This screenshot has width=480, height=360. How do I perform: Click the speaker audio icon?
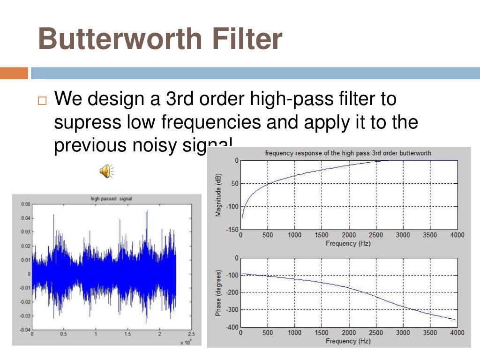pos(106,171)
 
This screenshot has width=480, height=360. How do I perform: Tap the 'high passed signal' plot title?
pos(111,199)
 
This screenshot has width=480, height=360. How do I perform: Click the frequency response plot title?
pos(348,153)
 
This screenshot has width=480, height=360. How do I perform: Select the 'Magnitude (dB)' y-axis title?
pos(218,195)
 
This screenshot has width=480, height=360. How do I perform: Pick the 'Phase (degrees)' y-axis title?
pos(218,292)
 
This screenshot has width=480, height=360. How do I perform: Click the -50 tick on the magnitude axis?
pos(233,183)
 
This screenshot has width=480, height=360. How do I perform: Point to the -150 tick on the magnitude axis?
pos(232,229)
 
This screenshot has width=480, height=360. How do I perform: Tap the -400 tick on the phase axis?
pos(232,327)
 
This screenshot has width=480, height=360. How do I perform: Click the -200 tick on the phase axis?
pos(232,292)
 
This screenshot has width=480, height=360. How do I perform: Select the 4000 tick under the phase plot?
pos(457,333)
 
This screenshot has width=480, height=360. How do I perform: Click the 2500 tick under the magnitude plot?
pos(375,235)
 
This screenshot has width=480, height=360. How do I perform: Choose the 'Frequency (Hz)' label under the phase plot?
pos(348,341)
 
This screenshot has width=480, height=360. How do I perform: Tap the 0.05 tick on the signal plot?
pos(25,204)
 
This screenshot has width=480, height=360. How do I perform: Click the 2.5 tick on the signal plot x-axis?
pos(191,334)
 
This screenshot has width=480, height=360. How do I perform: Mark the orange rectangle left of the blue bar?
pos(14,74)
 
